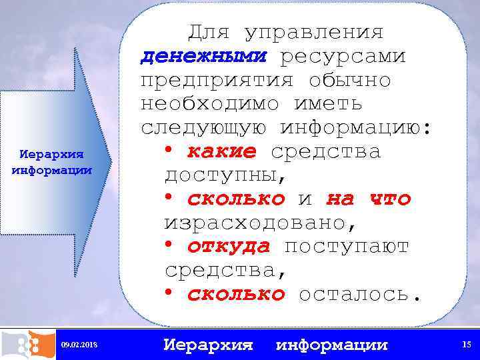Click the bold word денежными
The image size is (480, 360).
pos(203,57)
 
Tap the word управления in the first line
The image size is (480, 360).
pos(314,33)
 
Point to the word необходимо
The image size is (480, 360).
pos(209,105)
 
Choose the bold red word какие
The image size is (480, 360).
pos(221,152)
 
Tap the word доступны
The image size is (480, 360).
pos(223,176)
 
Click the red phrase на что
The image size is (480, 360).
pos(369,199)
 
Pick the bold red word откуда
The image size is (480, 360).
pos(228,247)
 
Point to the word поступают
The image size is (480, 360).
pos(347,247)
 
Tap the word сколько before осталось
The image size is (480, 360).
pos(235,294)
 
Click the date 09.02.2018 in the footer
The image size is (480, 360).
pos(79,345)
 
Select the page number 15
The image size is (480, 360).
pos(465,344)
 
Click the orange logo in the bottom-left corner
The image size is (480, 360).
pos(27,343)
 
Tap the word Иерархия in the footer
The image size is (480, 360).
pos(209,345)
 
